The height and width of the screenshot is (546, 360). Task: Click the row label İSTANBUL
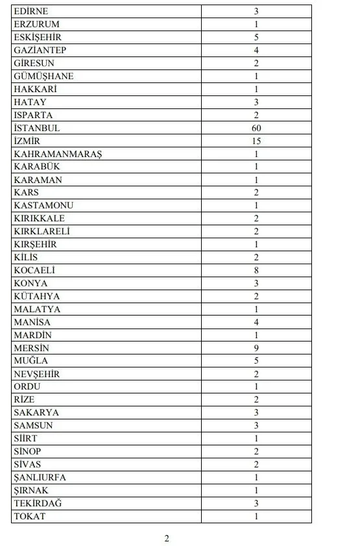[x=36, y=128]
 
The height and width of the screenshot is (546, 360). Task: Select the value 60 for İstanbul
[x=257, y=128]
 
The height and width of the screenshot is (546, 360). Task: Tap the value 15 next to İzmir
[x=257, y=141]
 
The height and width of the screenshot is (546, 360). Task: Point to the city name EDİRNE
[x=30, y=12]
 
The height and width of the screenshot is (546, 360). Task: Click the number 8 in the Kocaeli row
[x=257, y=270]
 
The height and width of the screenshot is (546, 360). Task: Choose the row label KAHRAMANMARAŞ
[x=58, y=154]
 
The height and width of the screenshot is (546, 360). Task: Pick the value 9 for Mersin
[x=257, y=348]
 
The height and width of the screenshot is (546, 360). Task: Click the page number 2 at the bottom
[x=167, y=538]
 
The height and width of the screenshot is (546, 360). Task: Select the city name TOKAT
[x=29, y=516]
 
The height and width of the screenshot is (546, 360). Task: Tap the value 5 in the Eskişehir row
[x=257, y=38]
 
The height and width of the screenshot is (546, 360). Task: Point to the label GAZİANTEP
[x=40, y=50]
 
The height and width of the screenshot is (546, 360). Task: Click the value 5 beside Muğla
[x=257, y=360]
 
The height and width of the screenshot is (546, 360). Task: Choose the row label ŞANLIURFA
[x=40, y=477]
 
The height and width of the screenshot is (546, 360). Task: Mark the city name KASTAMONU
[x=43, y=205]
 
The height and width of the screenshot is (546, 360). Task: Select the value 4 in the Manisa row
[x=257, y=322]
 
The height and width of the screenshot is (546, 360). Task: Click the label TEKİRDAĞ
[x=38, y=503]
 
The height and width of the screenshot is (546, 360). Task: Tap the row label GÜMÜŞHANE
[x=43, y=76]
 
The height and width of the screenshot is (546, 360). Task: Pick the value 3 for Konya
[x=257, y=283]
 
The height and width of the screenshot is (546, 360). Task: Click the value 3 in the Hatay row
[x=257, y=102]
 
